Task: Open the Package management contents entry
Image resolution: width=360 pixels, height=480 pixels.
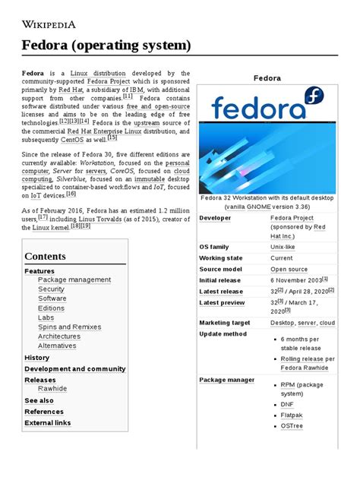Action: tap(74, 279)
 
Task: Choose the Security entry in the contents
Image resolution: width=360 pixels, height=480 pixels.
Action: tap(51, 289)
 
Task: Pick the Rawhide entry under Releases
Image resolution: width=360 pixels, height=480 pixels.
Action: tap(52, 389)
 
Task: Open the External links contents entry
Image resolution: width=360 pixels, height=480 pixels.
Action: tap(47, 423)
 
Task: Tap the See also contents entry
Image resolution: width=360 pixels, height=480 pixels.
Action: tap(39, 400)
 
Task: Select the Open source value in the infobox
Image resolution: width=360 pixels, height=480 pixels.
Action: tap(289, 269)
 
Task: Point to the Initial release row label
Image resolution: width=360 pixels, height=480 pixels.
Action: tap(221, 279)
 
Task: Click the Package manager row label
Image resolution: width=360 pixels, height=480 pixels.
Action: tap(227, 379)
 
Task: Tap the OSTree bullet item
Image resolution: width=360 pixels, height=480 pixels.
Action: tap(292, 427)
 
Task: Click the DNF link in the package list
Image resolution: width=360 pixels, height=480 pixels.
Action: tap(287, 405)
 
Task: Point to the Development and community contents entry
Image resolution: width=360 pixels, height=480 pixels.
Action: tap(75, 368)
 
